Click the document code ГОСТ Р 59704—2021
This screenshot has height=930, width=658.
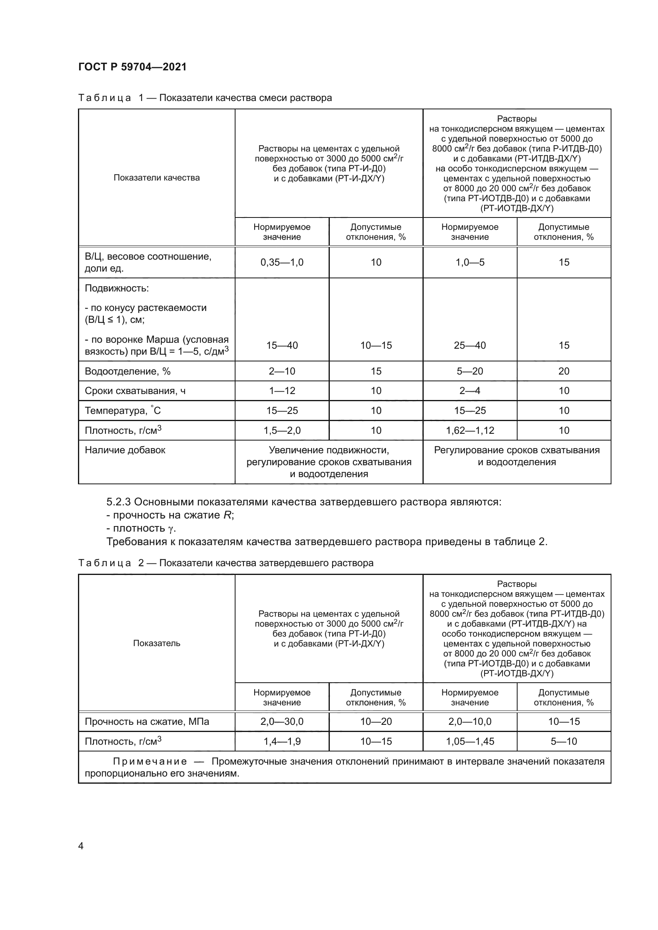point(132,67)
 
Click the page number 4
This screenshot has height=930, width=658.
point(81,846)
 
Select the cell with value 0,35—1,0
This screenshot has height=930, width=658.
point(282,262)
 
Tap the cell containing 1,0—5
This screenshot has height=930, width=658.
point(469,262)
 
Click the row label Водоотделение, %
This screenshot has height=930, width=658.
point(127,371)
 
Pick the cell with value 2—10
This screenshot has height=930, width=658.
point(282,371)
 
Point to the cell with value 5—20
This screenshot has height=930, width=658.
point(469,371)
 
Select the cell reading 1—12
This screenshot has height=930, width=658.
point(282,391)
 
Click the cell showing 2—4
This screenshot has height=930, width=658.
point(469,391)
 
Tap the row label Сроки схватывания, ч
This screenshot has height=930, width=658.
point(135,391)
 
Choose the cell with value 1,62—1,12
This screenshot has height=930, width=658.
point(469,431)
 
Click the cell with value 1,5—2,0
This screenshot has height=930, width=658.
point(282,431)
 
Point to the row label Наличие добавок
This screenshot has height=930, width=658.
point(125,450)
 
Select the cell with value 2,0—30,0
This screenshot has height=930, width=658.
point(282,722)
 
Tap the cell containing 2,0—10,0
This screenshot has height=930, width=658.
point(469,722)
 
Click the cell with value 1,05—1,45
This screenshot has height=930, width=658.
point(469,742)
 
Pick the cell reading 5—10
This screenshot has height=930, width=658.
point(564,742)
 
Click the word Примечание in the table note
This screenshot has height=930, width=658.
point(150,762)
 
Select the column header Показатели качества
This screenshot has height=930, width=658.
point(156,178)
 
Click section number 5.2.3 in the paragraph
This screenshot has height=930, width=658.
point(118,502)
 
